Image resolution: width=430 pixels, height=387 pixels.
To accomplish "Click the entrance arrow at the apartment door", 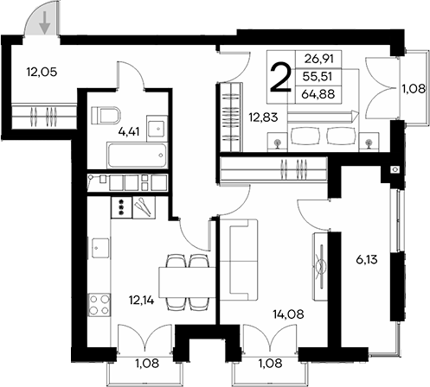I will (43, 18).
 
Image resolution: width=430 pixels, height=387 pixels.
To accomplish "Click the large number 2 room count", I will (280, 78).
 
